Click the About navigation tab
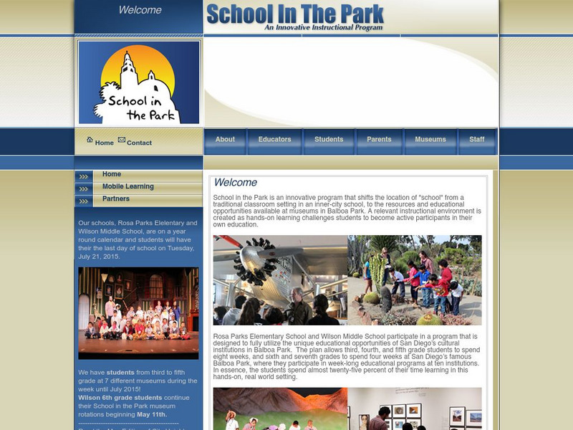(x=225, y=140)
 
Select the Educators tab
(x=274, y=140)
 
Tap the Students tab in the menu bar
(x=329, y=140)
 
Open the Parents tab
(x=379, y=140)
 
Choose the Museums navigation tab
(x=430, y=140)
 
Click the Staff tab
(x=477, y=140)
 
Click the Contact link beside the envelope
(x=139, y=143)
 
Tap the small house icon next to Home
(x=90, y=140)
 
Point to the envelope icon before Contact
(x=121, y=140)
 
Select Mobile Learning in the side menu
(x=127, y=187)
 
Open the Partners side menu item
(x=116, y=199)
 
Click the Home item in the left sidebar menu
(x=112, y=174)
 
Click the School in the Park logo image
(x=139, y=82)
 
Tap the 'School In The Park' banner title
(x=295, y=14)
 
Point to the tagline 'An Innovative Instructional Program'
(x=323, y=28)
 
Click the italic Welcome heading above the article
(x=235, y=183)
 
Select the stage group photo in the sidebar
(x=138, y=313)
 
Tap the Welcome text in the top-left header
(x=140, y=10)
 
